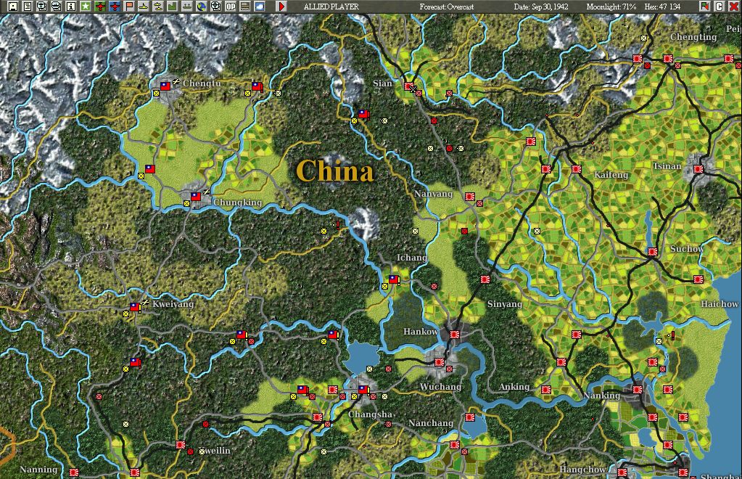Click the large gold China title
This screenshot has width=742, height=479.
point(334,171)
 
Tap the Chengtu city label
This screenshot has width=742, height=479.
point(202,83)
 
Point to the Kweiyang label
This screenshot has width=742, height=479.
point(173,304)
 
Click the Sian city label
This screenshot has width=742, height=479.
point(382,83)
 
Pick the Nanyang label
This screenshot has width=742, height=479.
point(434,195)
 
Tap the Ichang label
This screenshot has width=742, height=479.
point(412,258)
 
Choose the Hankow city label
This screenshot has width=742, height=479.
point(421,332)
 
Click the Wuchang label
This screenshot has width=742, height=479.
point(440,387)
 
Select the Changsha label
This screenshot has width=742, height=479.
point(371,414)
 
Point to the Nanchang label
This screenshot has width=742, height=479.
point(431,423)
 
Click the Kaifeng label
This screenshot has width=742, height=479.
point(611,175)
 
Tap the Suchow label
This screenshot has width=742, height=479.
point(686,249)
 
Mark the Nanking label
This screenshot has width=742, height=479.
point(602,396)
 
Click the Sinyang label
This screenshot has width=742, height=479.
point(505,304)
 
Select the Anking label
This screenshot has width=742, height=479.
point(514,387)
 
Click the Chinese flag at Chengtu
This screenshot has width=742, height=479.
point(165,86)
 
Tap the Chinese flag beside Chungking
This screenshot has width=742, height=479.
point(195,196)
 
